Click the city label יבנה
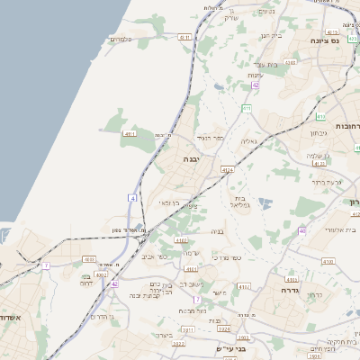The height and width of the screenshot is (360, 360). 192,158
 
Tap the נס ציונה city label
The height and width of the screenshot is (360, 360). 325,41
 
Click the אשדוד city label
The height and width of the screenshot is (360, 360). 10,318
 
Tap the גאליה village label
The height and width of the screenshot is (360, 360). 249,141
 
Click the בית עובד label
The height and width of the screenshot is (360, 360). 269,65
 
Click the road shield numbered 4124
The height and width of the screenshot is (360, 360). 227,169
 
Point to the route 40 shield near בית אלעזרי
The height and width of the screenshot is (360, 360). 302,231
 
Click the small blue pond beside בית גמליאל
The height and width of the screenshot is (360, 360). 264,202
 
